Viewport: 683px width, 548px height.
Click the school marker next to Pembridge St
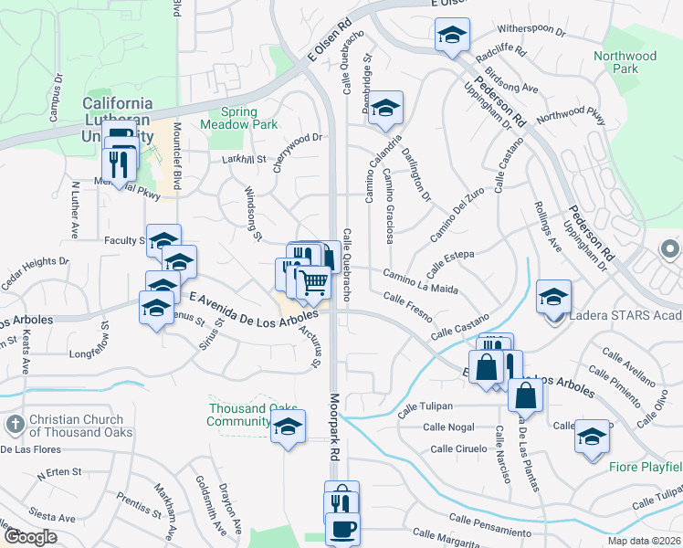click(385, 107)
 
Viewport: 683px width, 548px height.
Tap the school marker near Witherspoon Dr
click(451, 35)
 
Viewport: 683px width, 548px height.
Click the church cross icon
click(15, 425)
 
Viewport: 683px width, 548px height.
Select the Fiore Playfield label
click(645, 467)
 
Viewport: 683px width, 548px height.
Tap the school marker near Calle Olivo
click(592, 437)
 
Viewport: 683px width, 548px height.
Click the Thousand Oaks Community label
click(239, 415)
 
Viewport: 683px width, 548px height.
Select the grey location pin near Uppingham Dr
click(668, 248)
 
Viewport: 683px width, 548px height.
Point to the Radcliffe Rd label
click(508, 51)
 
